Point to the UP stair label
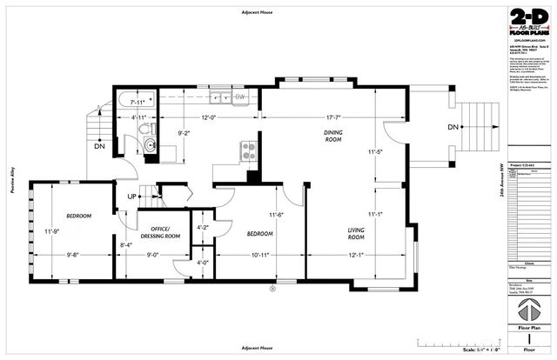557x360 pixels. click(x=131, y=196)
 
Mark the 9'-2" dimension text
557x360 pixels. click(x=184, y=133)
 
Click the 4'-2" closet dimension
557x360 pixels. click(x=203, y=229)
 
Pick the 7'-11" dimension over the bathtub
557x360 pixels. click(x=142, y=102)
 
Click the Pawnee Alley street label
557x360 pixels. click(x=12, y=180)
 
